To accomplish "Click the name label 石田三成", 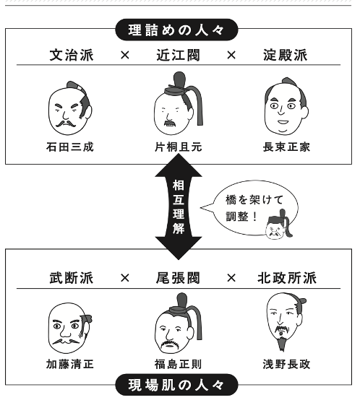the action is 70,147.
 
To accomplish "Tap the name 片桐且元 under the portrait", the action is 179,147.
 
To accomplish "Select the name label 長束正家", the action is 286,147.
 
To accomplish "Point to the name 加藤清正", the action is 70,364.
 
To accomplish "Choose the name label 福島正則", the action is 179,364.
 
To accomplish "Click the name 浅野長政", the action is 286,364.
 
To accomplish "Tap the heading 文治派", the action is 72,55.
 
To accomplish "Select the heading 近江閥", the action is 179,55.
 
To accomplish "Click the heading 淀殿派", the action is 286,55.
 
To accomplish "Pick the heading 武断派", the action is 72,278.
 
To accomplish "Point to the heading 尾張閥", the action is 179,278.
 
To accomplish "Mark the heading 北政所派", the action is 287,278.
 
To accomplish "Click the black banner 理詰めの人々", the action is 176,30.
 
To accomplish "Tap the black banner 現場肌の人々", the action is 176,385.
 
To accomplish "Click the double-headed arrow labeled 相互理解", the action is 179,206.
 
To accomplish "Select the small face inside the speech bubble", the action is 279,225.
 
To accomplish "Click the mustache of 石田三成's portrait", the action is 66,124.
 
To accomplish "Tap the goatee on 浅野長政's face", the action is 282,343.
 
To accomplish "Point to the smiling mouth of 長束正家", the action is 283,122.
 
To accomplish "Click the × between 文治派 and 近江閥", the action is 125,55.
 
